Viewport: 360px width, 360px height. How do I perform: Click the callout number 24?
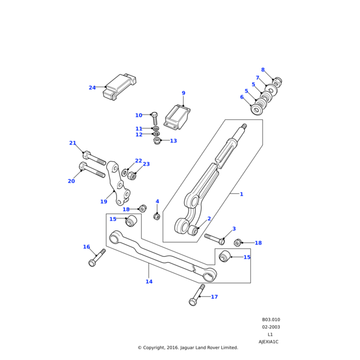click(92, 88)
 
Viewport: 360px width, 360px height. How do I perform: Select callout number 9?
click(184, 93)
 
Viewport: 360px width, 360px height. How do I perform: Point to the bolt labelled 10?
click(154, 119)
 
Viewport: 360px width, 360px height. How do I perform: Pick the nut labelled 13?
click(157, 141)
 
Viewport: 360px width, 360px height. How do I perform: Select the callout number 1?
click(241, 194)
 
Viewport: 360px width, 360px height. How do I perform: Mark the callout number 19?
click(103, 202)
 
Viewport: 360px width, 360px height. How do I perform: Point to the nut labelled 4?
click(157, 216)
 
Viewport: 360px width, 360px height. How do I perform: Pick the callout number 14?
click(149, 281)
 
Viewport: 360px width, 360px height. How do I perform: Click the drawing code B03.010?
click(271, 320)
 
